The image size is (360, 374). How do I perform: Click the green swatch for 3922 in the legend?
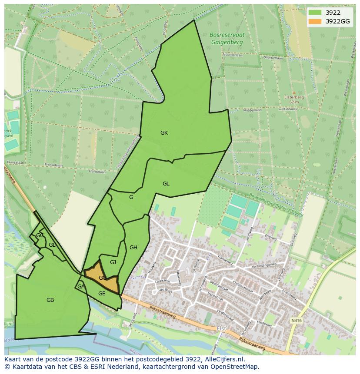click(x=315, y=13)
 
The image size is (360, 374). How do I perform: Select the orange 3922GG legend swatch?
click(x=315, y=21)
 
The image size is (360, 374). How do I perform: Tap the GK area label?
click(x=164, y=133)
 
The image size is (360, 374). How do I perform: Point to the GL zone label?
click(x=166, y=184)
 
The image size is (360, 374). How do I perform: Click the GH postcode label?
click(x=133, y=248)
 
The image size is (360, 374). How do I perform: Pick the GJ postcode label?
click(x=113, y=262)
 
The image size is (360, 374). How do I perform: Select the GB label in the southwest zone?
click(x=50, y=300)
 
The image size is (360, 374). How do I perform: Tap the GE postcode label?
click(x=102, y=294)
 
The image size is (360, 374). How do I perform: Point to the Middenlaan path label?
click(x=252, y=110)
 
